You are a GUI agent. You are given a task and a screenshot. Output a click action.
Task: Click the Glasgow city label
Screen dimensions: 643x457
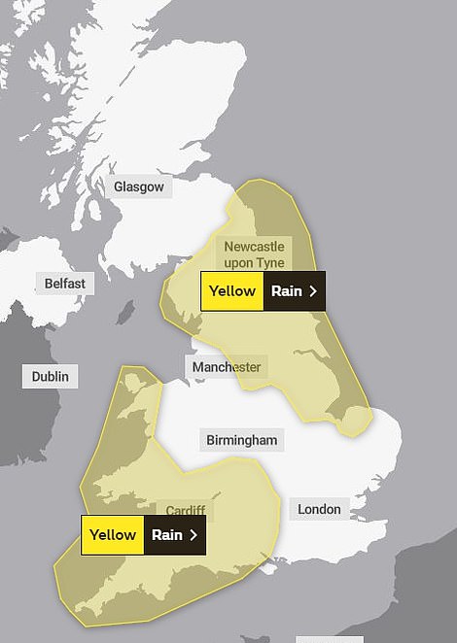tap(139, 186)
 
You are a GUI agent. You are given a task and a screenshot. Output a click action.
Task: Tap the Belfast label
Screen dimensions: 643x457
tap(65, 284)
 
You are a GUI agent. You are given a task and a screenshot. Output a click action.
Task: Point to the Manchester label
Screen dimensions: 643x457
tap(227, 367)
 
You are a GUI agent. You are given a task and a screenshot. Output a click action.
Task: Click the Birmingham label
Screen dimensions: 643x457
tap(242, 440)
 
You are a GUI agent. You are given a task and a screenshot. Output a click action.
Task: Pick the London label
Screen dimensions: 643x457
tap(319, 509)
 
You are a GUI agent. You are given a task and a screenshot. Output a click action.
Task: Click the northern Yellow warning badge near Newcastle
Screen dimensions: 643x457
tap(232, 290)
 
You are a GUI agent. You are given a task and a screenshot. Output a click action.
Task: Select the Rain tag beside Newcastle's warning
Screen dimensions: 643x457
tap(294, 290)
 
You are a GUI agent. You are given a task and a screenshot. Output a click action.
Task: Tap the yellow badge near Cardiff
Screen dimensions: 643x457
tap(113, 534)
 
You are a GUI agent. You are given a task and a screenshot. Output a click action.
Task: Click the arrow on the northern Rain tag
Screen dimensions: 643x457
tap(311, 290)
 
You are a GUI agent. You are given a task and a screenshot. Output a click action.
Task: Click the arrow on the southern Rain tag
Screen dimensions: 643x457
tap(193, 534)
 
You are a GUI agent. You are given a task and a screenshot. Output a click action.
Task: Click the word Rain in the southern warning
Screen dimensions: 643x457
tap(167, 534)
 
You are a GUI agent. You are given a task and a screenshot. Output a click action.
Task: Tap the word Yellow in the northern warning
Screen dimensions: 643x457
tap(232, 290)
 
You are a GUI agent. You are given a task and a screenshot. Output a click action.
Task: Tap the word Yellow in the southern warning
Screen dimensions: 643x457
tap(113, 534)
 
